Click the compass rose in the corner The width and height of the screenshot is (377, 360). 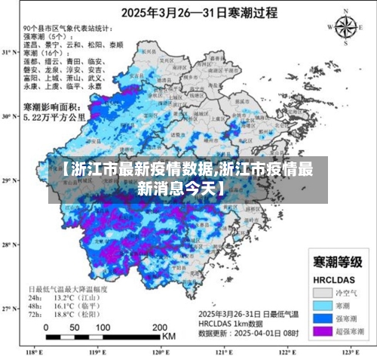pyautogui.click(x=345, y=27)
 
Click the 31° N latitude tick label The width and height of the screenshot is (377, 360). pyautogui.click(x=8, y=53)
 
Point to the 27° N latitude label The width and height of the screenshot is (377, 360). pyautogui.click(x=8, y=309)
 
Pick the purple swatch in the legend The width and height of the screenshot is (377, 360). pyautogui.click(x=323, y=331)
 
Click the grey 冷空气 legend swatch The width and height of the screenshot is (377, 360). pyautogui.click(x=323, y=291)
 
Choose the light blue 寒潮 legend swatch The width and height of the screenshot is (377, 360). pyautogui.click(x=323, y=304)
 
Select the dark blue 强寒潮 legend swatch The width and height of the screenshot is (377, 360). pyautogui.click(x=323, y=318)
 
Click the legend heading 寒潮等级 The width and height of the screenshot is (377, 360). pyautogui.click(x=336, y=261)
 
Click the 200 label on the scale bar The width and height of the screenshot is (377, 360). pyautogui.click(x=160, y=328)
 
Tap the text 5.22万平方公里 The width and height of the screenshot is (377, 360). pyautogui.click(x=54, y=118)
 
